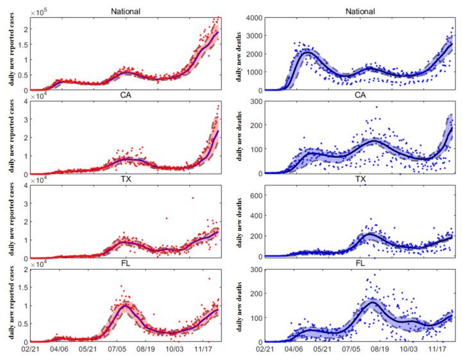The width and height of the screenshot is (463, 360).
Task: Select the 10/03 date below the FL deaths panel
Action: click(x=408, y=350)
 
